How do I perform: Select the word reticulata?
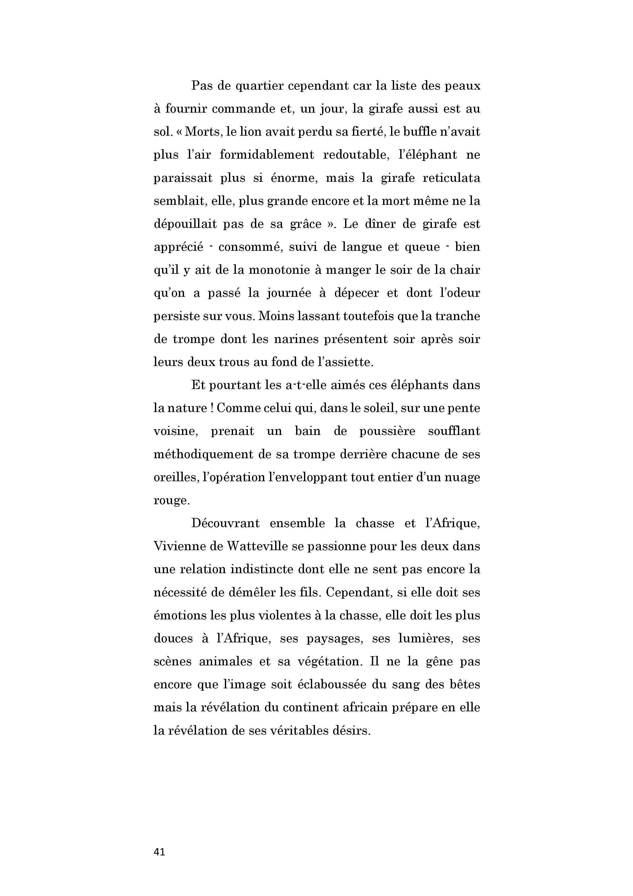pos(451,178)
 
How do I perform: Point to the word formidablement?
pos(267,155)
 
